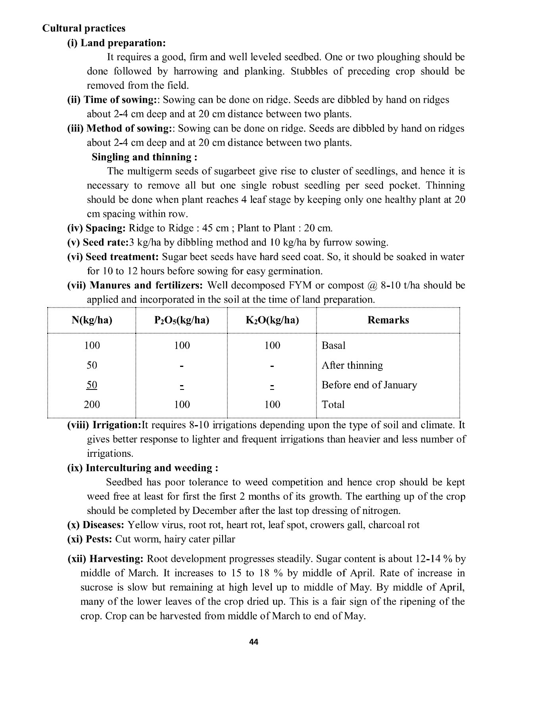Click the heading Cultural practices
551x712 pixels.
click(84, 28)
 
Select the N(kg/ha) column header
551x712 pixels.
click(92, 320)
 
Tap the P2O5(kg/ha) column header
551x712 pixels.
click(182, 320)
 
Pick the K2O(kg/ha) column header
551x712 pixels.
click(272, 320)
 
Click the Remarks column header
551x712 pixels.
click(388, 320)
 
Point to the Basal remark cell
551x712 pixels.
click(333, 346)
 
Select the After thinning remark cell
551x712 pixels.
click(352, 365)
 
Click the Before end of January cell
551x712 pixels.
click(369, 385)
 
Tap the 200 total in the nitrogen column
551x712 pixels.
click(92, 405)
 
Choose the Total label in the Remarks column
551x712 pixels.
click(333, 405)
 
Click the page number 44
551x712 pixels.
click(254, 642)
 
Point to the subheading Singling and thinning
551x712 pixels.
click(144, 157)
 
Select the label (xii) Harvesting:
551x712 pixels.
click(105, 559)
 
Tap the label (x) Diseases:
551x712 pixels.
click(96, 525)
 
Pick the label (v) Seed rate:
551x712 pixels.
click(98, 242)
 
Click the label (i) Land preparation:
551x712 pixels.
click(116, 43)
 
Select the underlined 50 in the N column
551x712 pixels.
click(92, 385)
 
